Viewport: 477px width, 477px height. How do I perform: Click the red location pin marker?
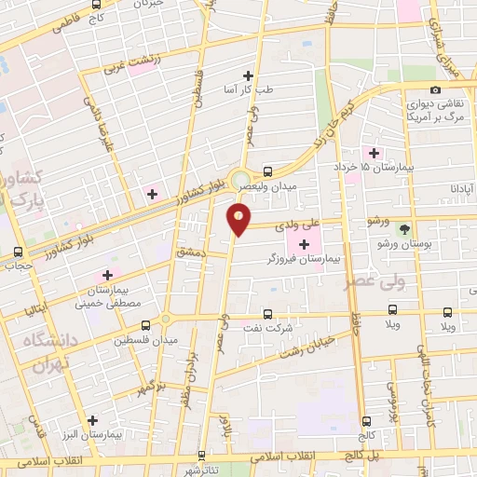click(x=239, y=220)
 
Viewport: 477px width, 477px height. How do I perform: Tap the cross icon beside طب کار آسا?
click(x=248, y=75)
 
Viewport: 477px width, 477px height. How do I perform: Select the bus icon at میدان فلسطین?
click(x=144, y=325)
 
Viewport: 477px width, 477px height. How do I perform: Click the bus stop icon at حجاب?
click(x=19, y=252)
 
